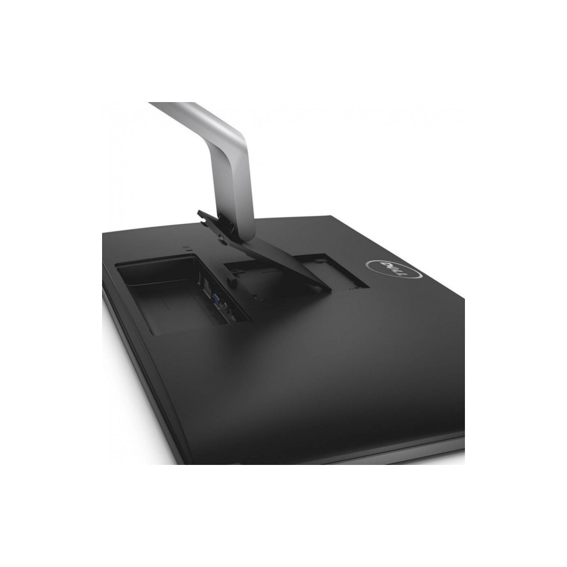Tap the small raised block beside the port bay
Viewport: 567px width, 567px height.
pos(231,278)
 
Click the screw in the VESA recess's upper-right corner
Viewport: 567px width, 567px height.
pos(321,260)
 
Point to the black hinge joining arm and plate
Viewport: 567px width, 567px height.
pos(230,227)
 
